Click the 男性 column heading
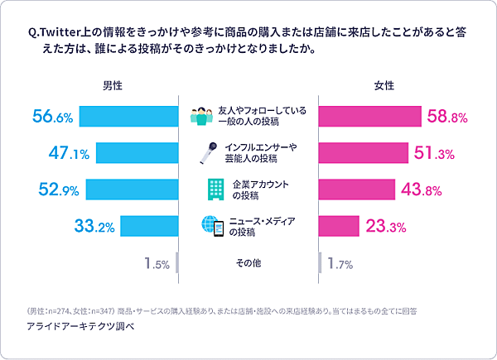click(x=113, y=85)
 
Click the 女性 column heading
click(x=384, y=85)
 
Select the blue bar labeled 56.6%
click(x=129, y=117)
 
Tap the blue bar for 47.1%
click(x=138, y=152)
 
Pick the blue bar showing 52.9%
click(x=133, y=190)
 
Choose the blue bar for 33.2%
click(x=150, y=225)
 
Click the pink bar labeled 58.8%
click(x=370, y=117)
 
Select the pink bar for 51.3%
click(x=364, y=152)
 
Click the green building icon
click(x=213, y=190)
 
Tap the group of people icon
click(x=202, y=117)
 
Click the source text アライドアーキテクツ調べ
click(x=80, y=327)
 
